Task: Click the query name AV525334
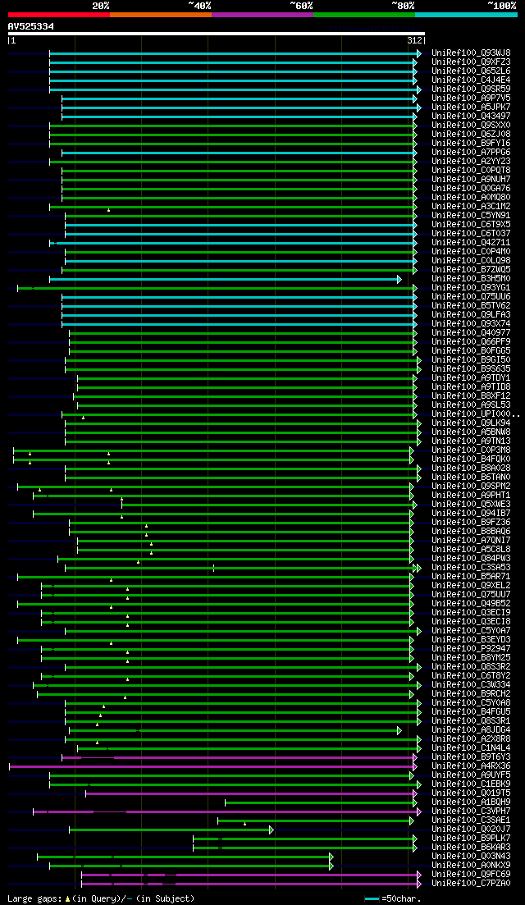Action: point(31,26)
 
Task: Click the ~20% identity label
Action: point(100,6)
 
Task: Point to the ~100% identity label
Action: point(502,6)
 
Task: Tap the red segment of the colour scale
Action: point(58,15)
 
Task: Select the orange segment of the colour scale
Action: point(160,15)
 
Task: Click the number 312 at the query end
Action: point(414,40)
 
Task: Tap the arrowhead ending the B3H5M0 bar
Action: point(399,279)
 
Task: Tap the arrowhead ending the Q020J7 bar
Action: point(272,830)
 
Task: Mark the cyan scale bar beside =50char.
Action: point(372,898)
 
